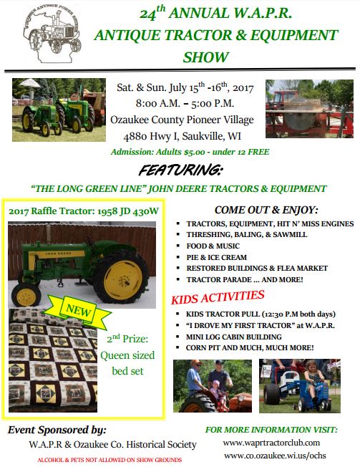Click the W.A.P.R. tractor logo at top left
(x=52, y=34)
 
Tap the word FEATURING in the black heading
(x=180, y=170)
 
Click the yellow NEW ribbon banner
(x=78, y=312)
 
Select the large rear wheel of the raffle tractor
(x=121, y=278)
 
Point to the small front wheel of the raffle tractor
(x=26, y=295)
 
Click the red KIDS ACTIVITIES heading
(x=218, y=297)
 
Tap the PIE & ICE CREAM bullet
(x=217, y=257)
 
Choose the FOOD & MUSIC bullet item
(x=213, y=246)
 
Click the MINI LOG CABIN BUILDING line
(x=234, y=337)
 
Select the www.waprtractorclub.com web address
(x=272, y=443)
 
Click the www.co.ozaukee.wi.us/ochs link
(x=275, y=456)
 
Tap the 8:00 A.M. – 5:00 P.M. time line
(x=185, y=103)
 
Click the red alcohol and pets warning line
(x=110, y=460)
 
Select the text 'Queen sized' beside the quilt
(x=127, y=355)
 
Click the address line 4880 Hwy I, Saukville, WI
(x=182, y=136)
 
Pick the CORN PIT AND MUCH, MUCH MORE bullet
(x=250, y=347)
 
